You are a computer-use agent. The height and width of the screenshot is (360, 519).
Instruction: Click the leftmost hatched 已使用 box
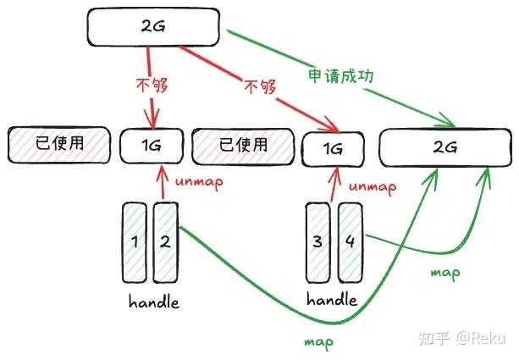click(59, 144)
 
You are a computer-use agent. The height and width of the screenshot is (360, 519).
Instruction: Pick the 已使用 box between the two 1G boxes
click(243, 145)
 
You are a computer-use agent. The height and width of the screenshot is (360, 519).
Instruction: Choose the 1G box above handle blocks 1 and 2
click(152, 146)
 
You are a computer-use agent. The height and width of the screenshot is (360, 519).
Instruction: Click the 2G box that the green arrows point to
click(444, 147)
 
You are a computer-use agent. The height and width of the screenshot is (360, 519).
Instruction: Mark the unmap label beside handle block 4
click(373, 186)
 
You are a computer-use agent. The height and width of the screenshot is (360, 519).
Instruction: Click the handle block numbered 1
click(135, 241)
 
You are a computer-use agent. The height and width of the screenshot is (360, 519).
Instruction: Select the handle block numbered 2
click(165, 241)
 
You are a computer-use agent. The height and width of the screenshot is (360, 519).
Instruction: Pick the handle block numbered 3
click(317, 242)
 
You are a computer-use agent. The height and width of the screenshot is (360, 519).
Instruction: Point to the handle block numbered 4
click(350, 242)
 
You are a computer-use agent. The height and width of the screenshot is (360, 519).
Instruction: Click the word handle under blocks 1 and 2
click(154, 302)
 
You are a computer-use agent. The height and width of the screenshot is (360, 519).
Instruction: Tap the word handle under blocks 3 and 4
click(332, 301)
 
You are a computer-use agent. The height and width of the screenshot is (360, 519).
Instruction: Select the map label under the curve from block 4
click(445, 273)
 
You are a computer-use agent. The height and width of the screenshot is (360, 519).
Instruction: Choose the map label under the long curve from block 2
click(318, 342)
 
